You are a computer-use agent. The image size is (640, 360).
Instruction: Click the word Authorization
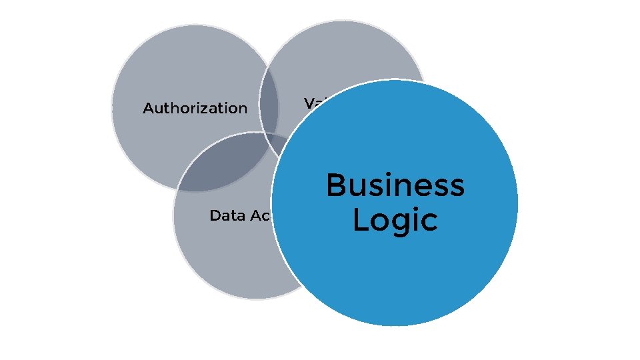click(195, 108)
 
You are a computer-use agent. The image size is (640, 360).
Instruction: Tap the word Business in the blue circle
click(395, 185)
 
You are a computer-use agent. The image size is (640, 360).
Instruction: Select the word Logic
click(395, 221)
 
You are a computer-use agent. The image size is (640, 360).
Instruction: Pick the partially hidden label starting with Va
click(313, 103)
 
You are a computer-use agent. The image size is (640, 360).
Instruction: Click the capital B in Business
click(337, 185)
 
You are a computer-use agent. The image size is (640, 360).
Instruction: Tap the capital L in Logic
click(361, 219)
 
